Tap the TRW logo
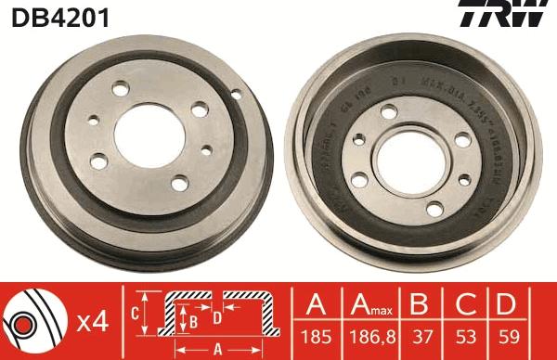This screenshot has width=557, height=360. coord(513,17)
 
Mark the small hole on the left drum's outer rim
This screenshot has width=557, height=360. coord(235,93)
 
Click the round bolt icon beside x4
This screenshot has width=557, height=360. coord(34,321)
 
